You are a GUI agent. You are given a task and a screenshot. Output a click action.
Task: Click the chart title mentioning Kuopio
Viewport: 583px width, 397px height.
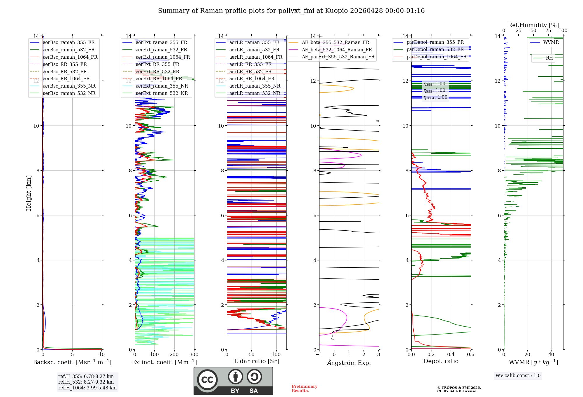click(291, 11)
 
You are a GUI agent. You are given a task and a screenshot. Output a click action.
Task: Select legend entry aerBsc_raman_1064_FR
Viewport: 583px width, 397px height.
click(70, 57)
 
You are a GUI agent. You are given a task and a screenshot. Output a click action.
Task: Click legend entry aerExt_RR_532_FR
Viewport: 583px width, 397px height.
click(157, 72)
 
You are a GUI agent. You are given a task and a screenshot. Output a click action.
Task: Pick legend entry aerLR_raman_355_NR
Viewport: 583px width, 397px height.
click(254, 86)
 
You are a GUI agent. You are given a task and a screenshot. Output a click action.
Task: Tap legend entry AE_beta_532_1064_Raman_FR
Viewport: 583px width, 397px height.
click(337, 50)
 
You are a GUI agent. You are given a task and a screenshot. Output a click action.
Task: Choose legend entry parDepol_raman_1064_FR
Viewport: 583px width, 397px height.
click(436, 57)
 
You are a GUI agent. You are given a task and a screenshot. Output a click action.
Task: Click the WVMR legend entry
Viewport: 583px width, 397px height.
click(551, 42)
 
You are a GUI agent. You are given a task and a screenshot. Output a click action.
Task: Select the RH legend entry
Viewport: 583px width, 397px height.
click(549, 58)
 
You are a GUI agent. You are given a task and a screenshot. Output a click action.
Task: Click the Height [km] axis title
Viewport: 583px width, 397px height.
click(29, 193)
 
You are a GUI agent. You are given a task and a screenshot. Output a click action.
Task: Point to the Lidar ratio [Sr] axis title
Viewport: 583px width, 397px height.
click(257, 361)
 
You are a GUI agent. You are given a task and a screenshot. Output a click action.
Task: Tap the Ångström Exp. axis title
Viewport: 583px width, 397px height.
click(349, 363)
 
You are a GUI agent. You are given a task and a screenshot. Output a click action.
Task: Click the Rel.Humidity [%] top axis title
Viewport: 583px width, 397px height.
click(533, 25)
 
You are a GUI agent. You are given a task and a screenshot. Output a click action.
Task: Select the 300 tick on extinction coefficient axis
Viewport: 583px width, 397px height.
click(194, 355)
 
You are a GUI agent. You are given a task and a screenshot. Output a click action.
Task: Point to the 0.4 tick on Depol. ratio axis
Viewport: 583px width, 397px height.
click(451, 355)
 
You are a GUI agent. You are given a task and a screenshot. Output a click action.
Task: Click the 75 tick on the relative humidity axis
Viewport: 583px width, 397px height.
click(548, 31)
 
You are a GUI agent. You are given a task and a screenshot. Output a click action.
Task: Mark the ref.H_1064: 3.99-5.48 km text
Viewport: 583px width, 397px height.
click(87, 388)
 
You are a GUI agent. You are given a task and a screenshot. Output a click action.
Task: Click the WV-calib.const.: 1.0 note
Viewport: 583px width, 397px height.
click(518, 376)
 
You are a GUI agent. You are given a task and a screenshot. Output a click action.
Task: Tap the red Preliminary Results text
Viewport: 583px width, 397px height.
click(304, 389)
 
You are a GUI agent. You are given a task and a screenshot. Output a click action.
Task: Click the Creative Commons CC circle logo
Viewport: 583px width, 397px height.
click(207, 380)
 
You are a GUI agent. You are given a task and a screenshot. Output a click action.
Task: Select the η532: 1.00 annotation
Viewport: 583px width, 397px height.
click(434, 90)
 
